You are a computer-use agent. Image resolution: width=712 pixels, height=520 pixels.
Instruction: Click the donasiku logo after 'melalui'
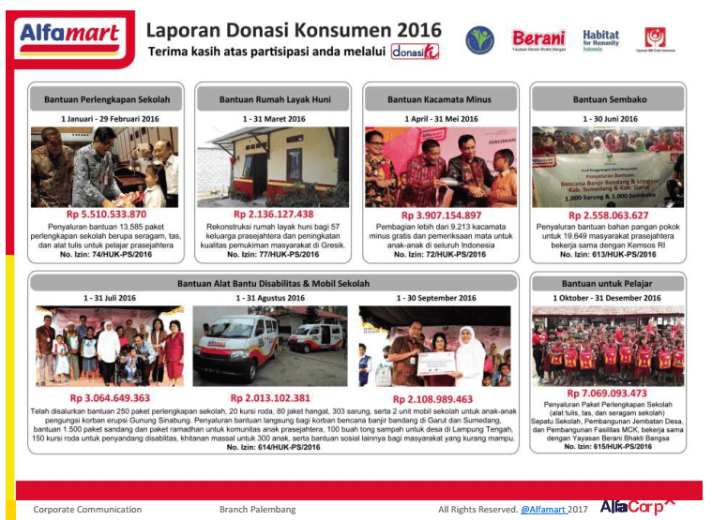(x=415, y=52)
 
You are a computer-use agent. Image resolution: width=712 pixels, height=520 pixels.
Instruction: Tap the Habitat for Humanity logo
(x=600, y=40)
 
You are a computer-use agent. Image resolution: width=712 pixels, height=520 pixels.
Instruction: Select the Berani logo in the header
(x=538, y=39)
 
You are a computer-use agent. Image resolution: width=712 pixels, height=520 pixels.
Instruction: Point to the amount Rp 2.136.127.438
(x=274, y=215)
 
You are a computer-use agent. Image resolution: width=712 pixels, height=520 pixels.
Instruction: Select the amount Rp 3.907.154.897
(x=440, y=215)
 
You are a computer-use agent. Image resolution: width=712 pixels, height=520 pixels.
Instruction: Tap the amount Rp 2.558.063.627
(x=607, y=215)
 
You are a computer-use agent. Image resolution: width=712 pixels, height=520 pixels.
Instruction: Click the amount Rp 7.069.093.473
(x=607, y=393)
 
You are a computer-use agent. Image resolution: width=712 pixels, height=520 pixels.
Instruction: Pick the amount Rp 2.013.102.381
(x=270, y=398)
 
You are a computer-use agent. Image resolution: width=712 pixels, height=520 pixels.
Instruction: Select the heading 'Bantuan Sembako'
(x=607, y=98)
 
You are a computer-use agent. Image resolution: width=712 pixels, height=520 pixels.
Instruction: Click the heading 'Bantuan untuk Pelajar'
(x=607, y=282)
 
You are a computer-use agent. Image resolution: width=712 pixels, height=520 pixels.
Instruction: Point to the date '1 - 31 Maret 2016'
(x=274, y=119)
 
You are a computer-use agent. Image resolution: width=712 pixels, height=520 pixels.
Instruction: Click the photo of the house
(x=274, y=166)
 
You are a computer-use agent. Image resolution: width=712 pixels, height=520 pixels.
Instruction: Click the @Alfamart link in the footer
(x=543, y=509)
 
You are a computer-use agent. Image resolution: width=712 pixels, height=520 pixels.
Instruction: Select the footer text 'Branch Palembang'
(x=257, y=509)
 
